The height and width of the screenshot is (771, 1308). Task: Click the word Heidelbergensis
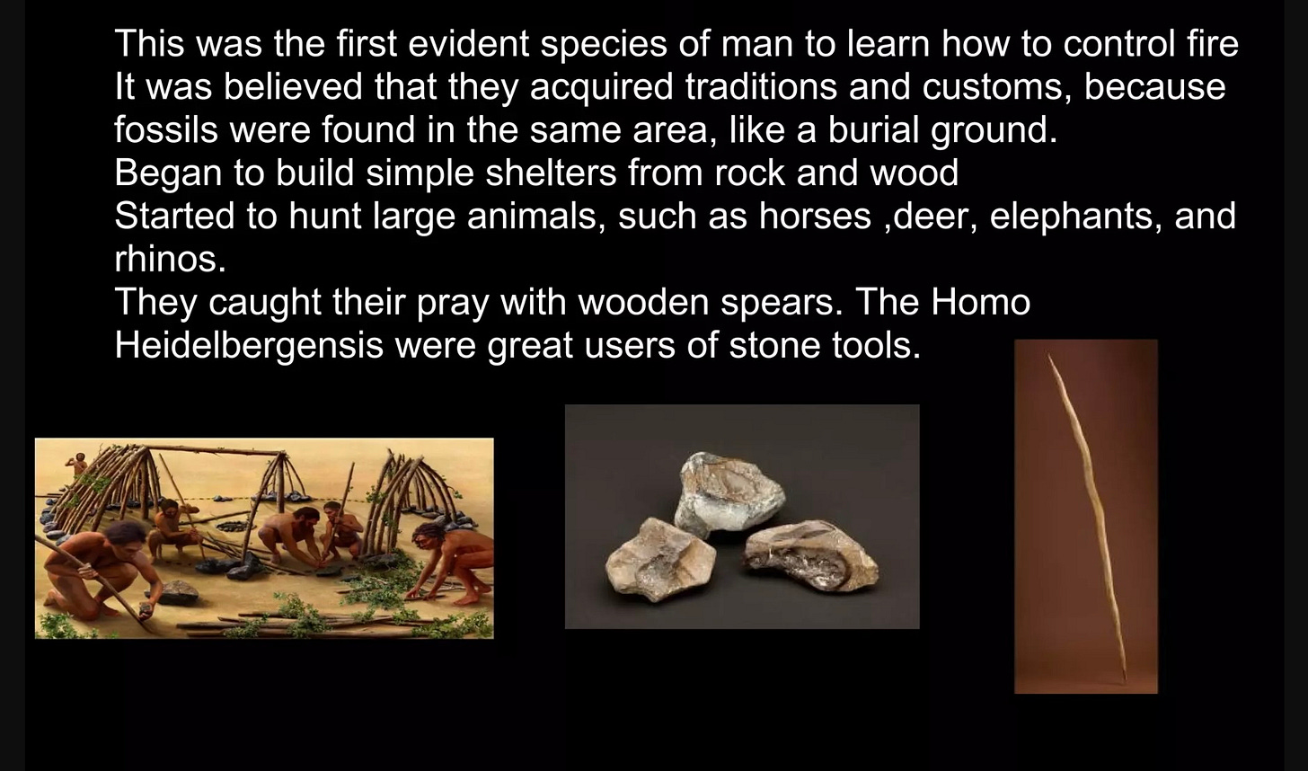point(249,346)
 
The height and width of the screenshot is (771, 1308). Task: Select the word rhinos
point(170,259)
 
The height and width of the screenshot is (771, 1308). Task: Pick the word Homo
point(980,302)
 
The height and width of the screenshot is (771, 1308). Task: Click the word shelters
point(551,173)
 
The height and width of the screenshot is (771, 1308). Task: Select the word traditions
point(760,86)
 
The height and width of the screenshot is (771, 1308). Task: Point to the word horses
point(815,216)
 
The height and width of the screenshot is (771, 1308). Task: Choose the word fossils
point(166,129)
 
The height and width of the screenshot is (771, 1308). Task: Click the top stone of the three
point(729,493)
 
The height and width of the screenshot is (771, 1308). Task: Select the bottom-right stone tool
point(810,554)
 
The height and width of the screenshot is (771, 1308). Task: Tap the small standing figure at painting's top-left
point(76,463)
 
